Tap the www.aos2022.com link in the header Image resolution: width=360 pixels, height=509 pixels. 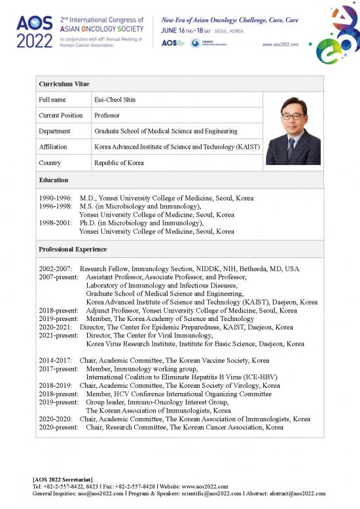(x=280, y=45)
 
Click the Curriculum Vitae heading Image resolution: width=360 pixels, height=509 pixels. (x=64, y=85)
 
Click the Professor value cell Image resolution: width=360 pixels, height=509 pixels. (x=108, y=115)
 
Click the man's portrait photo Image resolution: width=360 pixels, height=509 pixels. (x=292, y=130)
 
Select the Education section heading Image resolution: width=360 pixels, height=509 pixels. (x=53, y=179)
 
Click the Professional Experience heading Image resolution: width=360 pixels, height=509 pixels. (x=73, y=250)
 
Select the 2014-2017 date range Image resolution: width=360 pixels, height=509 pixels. (x=57, y=360)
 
